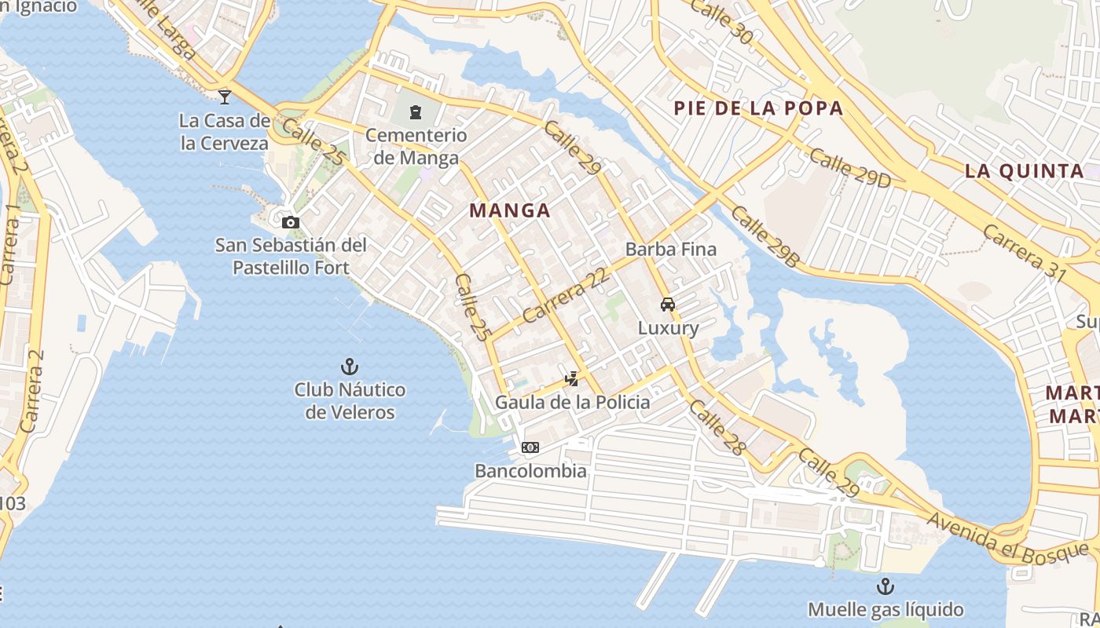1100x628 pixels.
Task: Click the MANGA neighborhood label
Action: [510, 210]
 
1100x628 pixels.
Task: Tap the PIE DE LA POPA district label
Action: [758, 108]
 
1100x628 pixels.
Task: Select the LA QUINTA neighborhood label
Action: [1024, 171]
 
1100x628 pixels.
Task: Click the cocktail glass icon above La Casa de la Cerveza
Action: [225, 97]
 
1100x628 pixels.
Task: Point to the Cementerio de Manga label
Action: [416, 146]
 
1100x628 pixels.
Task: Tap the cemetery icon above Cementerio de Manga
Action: [416, 112]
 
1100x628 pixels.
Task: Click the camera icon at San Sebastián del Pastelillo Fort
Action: [291, 222]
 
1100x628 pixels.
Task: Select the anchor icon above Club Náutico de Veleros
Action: [350, 366]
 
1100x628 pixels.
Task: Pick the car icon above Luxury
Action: [668, 305]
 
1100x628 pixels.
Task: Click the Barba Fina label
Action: [671, 250]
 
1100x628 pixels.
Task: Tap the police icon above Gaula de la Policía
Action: [572, 379]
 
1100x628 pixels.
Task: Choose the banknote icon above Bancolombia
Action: [530, 447]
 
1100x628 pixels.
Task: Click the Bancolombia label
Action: [530, 471]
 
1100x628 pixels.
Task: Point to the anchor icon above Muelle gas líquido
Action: [885, 586]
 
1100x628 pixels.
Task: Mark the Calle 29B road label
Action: [764, 236]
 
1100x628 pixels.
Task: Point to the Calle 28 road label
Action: [717, 427]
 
